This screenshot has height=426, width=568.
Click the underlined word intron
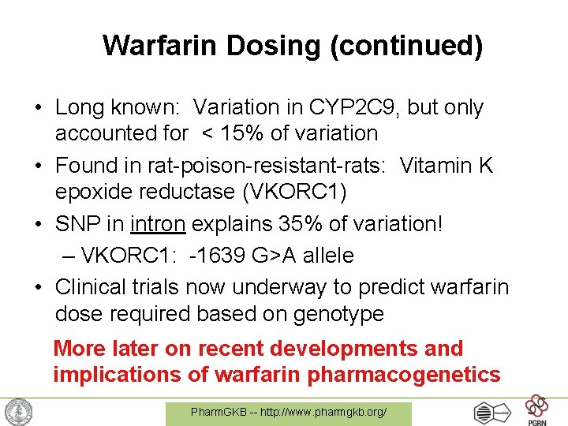158,223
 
